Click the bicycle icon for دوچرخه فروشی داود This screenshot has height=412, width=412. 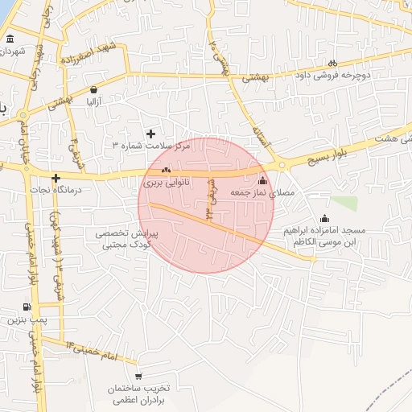tap(332, 64)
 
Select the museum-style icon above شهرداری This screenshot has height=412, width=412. tap(10, 39)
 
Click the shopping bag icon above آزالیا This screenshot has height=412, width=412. tap(95, 89)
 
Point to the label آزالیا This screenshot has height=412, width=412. tap(94, 102)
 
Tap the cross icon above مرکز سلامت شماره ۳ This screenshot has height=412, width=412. tap(150, 133)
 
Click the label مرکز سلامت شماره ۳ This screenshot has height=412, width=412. tap(150, 147)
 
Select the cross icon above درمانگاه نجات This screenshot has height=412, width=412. tap(56, 178)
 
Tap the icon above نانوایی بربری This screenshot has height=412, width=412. tap(167, 171)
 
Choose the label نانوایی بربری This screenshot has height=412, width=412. tap(167, 183)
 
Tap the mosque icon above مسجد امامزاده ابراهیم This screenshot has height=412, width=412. tap(324, 218)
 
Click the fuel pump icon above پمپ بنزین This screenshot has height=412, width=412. tap(27, 307)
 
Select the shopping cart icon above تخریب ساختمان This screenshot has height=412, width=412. tap(138, 376)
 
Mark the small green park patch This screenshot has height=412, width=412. tap(344, 204)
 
